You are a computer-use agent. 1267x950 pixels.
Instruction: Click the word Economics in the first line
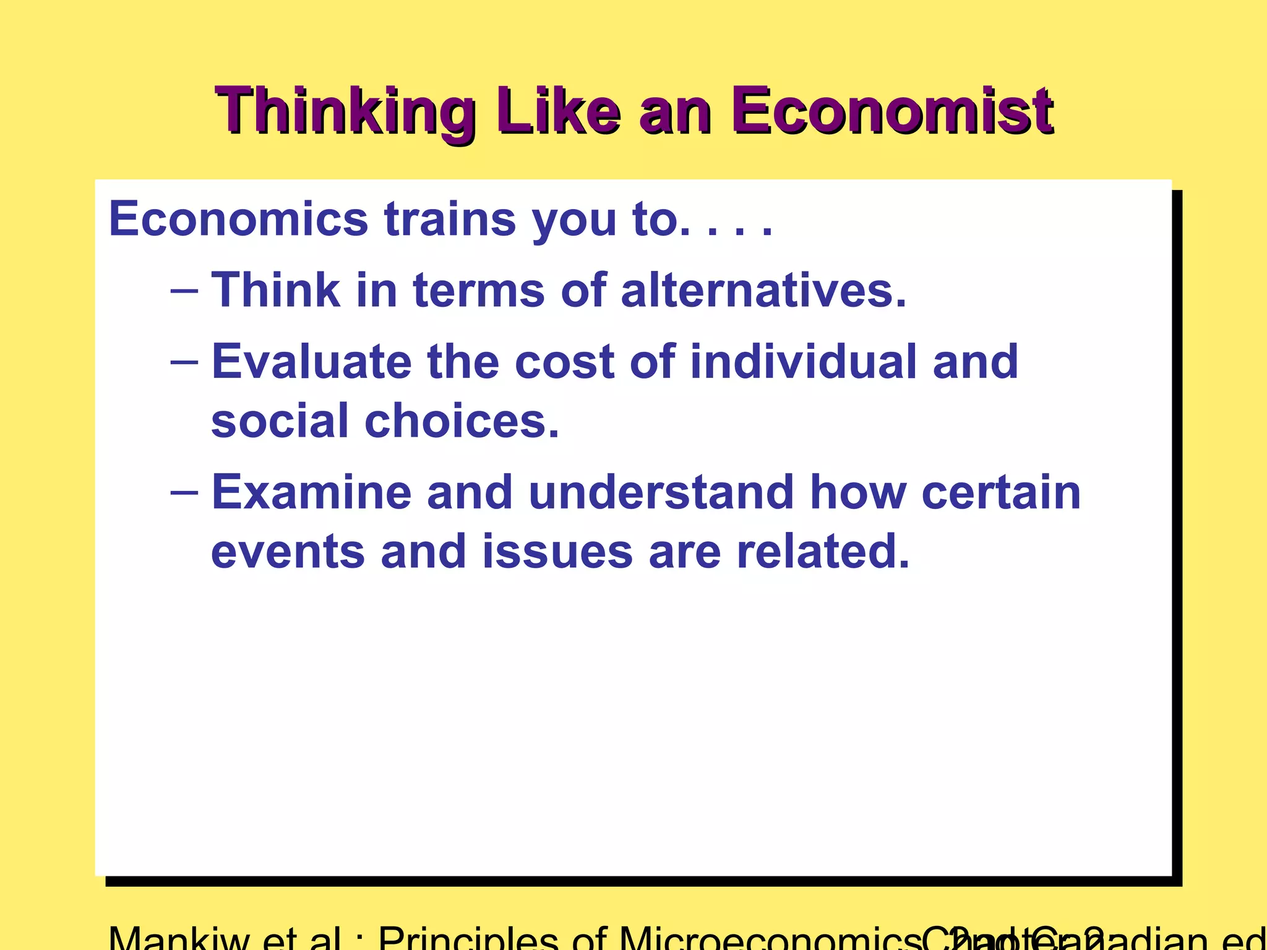(x=238, y=219)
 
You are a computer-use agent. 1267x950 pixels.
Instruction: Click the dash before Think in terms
(x=184, y=289)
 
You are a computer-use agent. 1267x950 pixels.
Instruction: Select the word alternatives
(x=763, y=290)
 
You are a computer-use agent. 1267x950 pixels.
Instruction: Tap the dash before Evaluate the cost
(x=184, y=361)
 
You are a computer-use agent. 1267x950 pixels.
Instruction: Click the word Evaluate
(x=311, y=362)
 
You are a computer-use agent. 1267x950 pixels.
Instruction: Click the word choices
(x=462, y=421)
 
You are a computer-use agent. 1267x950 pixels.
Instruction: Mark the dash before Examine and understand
(x=184, y=492)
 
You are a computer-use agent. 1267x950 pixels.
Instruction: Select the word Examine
(x=311, y=493)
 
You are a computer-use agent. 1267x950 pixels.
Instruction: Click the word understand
(x=661, y=493)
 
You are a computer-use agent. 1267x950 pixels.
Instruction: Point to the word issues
(x=557, y=552)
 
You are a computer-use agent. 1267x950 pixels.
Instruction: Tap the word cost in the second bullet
(x=564, y=362)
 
